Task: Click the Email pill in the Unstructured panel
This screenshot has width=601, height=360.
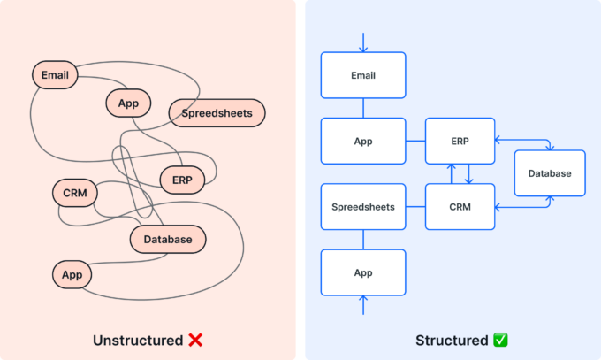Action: [x=55, y=75]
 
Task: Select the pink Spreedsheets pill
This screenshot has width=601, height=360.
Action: [x=217, y=112]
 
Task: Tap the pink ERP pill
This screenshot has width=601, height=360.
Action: [x=182, y=180]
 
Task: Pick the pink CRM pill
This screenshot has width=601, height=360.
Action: [x=74, y=192]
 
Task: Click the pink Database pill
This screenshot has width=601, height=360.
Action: [x=168, y=239]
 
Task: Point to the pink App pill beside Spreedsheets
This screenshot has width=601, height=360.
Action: [x=128, y=103]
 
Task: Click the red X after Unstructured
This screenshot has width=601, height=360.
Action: [x=196, y=341]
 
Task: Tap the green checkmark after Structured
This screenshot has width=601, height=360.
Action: [x=500, y=341]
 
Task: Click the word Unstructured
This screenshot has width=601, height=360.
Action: [x=139, y=341]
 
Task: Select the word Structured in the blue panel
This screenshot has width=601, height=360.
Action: [x=451, y=341]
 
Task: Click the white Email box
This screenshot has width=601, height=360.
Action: [x=363, y=75]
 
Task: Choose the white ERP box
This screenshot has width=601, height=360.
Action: [x=460, y=141]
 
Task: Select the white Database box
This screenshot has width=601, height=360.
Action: [x=550, y=173]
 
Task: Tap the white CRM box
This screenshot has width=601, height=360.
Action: [x=460, y=207]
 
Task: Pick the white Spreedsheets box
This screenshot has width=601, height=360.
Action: [x=363, y=207]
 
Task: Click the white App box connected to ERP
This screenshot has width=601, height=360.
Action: [x=363, y=141]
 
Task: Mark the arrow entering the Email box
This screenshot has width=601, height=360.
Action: [x=363, y=42]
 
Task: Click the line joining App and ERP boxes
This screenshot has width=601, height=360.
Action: [x=415, y=141]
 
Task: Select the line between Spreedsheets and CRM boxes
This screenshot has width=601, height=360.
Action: [x=415, y=207]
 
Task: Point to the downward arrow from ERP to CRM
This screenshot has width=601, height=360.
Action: [x=468, y=174]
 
